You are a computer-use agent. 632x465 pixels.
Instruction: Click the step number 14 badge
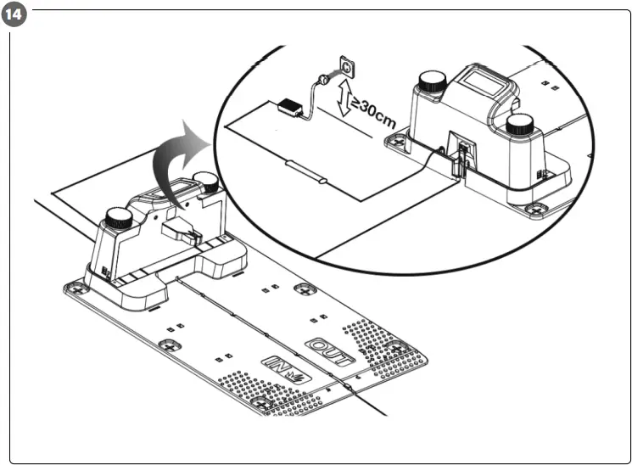(x=14, y=14)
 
